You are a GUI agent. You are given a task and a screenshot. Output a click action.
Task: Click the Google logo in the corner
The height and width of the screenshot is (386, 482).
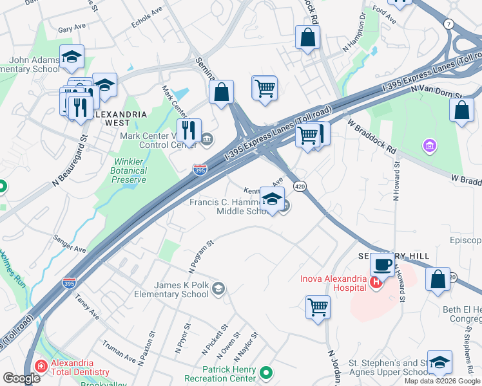point(21,378)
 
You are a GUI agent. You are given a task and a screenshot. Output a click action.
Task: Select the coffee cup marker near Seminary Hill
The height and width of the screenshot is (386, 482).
point(382,264)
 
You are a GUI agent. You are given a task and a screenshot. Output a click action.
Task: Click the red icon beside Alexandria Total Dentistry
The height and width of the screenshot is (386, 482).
point(41,366)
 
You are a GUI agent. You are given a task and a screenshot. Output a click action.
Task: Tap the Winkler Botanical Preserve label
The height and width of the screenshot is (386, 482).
point(130,170)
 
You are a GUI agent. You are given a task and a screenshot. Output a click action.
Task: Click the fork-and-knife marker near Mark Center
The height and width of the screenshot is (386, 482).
point(189,130)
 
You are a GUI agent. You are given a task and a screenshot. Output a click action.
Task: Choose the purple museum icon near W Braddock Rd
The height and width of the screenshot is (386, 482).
point(429,147)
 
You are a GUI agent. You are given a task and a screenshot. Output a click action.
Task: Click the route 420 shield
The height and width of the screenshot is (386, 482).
point(300,186)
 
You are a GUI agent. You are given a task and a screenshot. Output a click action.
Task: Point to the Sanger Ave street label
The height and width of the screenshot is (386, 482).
point(70,243)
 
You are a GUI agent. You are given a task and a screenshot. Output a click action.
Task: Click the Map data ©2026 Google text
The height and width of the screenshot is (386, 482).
point(442,381)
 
